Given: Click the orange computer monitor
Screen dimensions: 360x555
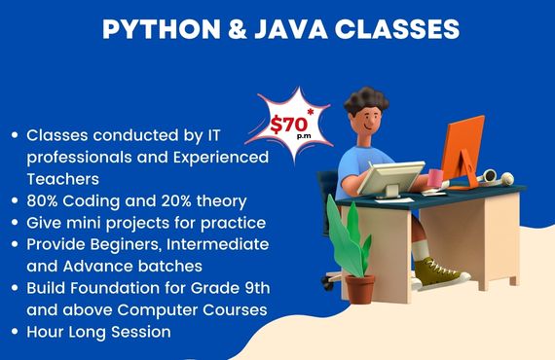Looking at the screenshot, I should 462,151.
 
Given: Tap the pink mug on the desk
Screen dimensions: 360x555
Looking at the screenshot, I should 435,178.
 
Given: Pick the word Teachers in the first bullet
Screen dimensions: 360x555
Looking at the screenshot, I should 63,178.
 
